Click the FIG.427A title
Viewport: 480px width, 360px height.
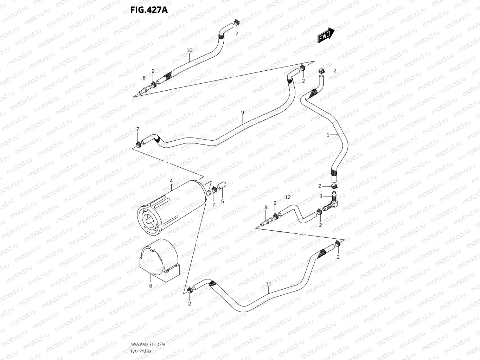(x=149, y=9)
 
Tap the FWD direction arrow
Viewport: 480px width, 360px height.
(x=326, y=35)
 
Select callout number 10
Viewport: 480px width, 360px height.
(x=190, y=51)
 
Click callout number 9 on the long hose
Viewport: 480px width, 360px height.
(x=243, y=112)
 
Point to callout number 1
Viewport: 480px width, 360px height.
(x=328, y=135)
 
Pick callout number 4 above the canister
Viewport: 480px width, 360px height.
(x=171, y=181)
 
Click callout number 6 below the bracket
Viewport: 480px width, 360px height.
(x=151, y=286)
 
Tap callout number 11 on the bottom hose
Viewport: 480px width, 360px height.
(x=269, y=283)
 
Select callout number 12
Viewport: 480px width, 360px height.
(x=288, y=198)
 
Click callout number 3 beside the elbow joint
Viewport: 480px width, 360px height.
(x=321, y=197)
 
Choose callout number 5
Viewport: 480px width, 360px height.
(x=223, y=201)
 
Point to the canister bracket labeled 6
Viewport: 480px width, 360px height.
(x=160, y=260)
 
